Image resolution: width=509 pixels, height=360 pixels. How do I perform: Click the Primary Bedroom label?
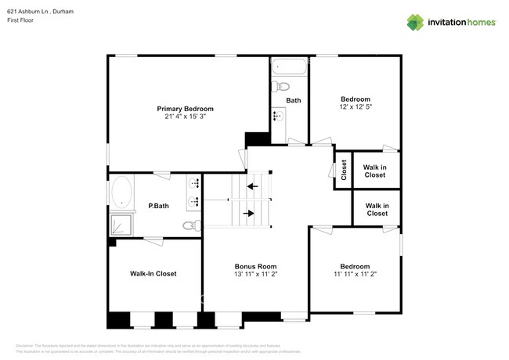click(x=185, y=109)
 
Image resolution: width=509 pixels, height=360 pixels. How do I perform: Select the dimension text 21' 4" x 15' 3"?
click(x=185, y=117)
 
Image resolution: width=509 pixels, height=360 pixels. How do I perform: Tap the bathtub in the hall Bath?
click(x=289, y=70)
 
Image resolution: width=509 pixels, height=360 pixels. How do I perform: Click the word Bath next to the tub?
click(x=294, y=100)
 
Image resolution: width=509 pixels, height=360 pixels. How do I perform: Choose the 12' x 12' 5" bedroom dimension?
click(x=355, y=107)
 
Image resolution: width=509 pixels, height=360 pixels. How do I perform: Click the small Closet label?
click(x=343, y=170)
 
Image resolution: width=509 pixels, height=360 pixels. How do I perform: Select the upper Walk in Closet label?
click(x=374, y=170)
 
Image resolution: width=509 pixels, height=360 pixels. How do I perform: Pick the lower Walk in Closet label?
click(x=377, y=209)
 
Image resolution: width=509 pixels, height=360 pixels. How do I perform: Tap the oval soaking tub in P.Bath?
click(x=121, y=191)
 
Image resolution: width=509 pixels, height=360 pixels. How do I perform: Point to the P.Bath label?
click(x=159, y=207)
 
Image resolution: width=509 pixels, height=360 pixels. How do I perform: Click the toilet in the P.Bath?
click(x=191, y=226)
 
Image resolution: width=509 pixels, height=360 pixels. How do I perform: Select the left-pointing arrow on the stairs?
click(x=252, y=186)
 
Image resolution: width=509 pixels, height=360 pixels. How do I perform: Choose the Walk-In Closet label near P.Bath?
click(x=153, y=274)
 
